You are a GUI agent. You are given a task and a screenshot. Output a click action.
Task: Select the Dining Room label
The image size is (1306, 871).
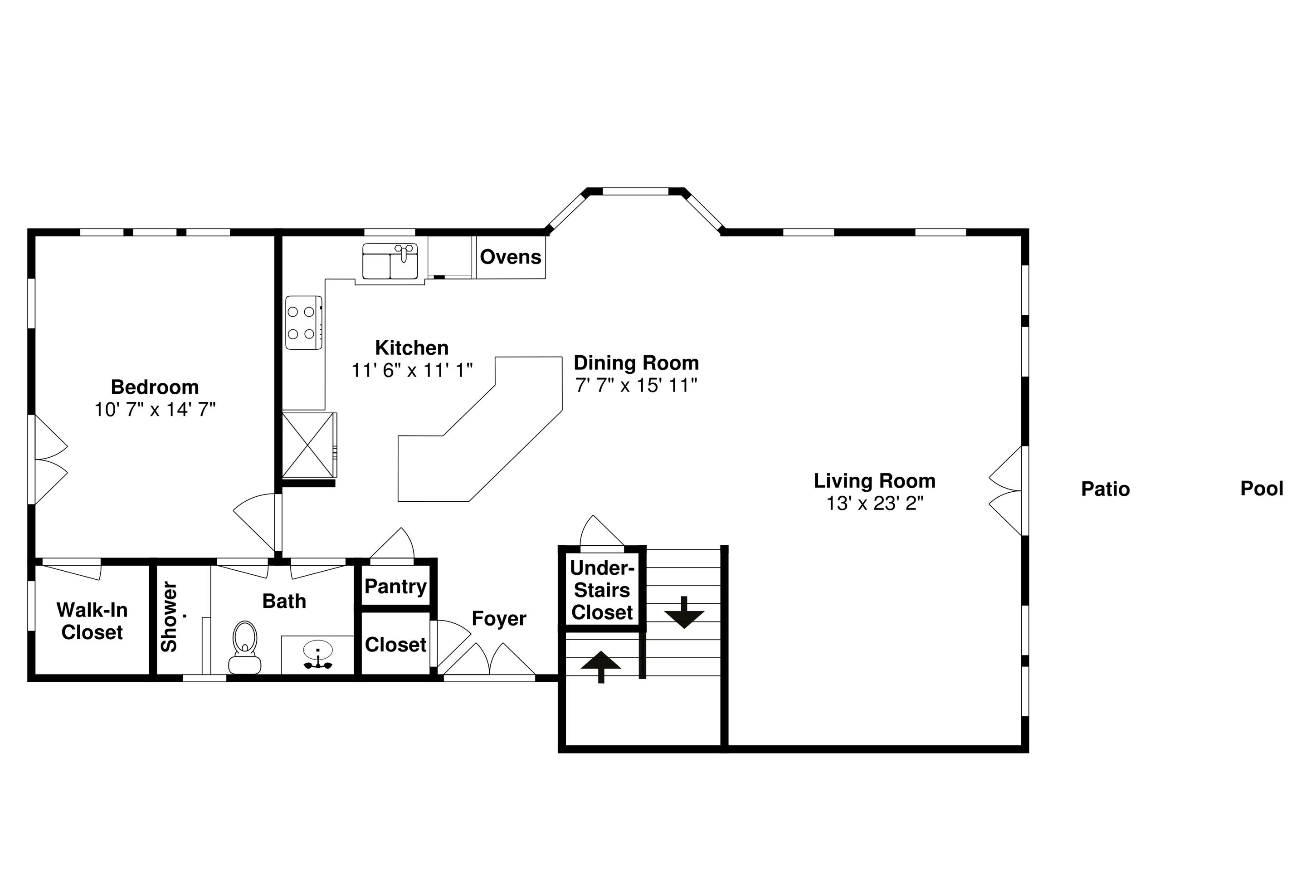point(636,363)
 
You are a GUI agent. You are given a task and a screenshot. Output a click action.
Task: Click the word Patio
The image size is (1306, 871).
point(1105,489)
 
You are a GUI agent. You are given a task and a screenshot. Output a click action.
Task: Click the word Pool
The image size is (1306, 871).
point(1262,488)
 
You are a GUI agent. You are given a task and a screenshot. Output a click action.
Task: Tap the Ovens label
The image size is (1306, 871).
point(510,257)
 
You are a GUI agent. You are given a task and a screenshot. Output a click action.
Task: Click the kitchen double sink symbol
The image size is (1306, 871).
point(390,261)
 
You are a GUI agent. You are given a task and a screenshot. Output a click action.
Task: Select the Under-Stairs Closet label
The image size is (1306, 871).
point(602,590)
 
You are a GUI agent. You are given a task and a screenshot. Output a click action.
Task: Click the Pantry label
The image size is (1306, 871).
point(395,586)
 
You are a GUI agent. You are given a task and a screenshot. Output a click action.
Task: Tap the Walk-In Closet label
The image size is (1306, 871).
point(92,621)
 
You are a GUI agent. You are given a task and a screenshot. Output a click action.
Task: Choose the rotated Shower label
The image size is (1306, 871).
point(169,617)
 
